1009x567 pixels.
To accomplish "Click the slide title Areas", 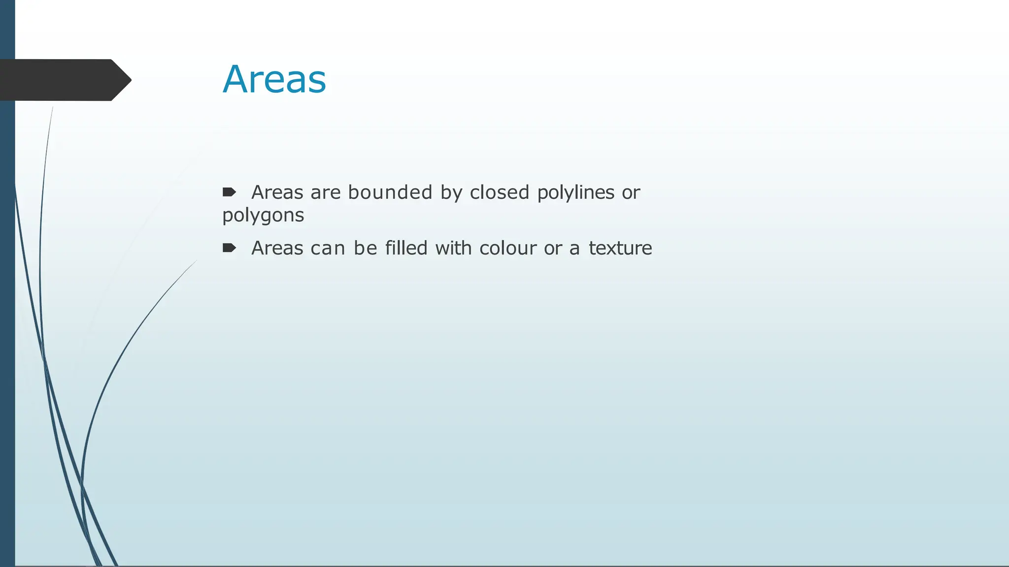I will (274, 79).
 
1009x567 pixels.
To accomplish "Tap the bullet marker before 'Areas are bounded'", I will (229, 192).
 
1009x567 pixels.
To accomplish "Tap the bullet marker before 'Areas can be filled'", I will (229, 248).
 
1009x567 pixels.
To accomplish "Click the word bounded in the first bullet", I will (390, 192).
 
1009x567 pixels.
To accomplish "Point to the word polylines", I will (575, 192).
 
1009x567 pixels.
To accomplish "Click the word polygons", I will (263, 216).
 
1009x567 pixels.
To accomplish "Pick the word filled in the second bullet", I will (406, 248).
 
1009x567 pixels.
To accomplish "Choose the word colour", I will (508, 248).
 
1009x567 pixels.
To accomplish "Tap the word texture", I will (620, 248).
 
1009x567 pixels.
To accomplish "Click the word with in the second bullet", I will (453, 248).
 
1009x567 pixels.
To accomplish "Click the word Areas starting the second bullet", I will (277, 248).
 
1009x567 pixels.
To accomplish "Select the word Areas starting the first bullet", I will (277, 192).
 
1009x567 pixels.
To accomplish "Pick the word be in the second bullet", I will (366, 248).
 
